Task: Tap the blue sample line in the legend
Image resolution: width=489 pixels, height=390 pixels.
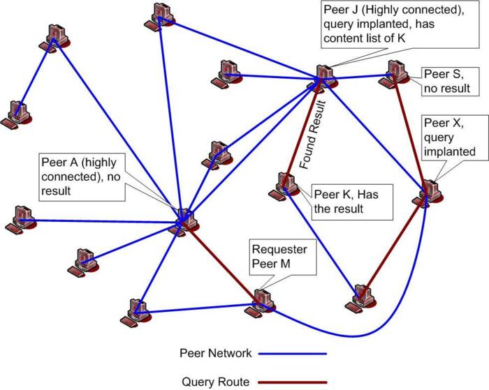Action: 293,354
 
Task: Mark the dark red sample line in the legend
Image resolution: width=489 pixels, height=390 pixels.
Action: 293,382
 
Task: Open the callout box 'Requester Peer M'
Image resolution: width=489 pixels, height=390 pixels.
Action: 275,256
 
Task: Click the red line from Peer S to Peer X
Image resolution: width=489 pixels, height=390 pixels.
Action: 412,133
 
